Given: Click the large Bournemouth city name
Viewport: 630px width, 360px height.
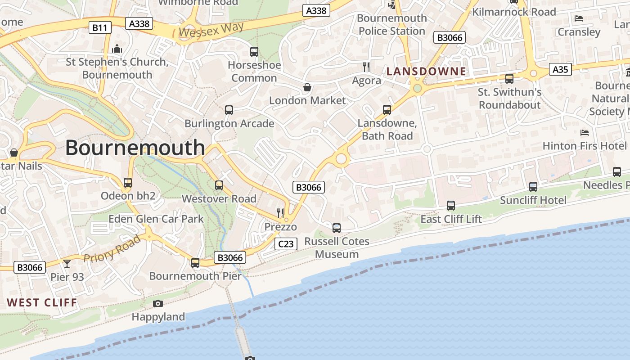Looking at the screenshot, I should (x=135, y=148).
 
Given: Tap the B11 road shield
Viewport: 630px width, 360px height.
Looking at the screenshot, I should (x=99, y=28).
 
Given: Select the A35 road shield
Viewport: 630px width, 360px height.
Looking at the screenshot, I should (x=560, y=69).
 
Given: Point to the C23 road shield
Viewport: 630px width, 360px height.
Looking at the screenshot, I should (x=286, y=244).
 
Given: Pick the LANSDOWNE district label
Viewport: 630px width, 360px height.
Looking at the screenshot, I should (x=426, y=71).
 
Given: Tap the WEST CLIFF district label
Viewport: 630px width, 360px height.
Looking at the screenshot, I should (x=42, y=302).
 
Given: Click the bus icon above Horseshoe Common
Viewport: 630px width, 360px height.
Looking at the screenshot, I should (x=254, y=52).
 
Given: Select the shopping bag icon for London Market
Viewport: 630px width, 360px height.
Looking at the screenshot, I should (x=307, y=87).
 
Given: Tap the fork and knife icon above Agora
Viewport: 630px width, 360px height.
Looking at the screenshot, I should (x=366, y=67).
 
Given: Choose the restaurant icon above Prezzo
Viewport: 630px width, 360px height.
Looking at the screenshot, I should (x=280, y=213).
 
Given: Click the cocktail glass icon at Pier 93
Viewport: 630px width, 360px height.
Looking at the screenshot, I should (x=67, y=263).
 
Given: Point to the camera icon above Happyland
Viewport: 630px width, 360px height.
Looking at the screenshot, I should (x=157, y=304).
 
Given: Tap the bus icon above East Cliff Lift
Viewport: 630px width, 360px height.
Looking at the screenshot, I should (x=451, y=206).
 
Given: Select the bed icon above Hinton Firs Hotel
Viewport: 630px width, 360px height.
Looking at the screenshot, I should (x=585, y=133).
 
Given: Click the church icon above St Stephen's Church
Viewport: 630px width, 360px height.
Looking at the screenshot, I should (x=117, y=48).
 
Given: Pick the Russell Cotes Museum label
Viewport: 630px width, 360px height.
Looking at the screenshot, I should (x=337, y=247).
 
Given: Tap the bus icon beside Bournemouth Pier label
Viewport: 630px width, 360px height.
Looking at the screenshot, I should (x=195, y=263).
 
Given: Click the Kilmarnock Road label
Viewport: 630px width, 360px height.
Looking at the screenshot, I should (x=514, y=12).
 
